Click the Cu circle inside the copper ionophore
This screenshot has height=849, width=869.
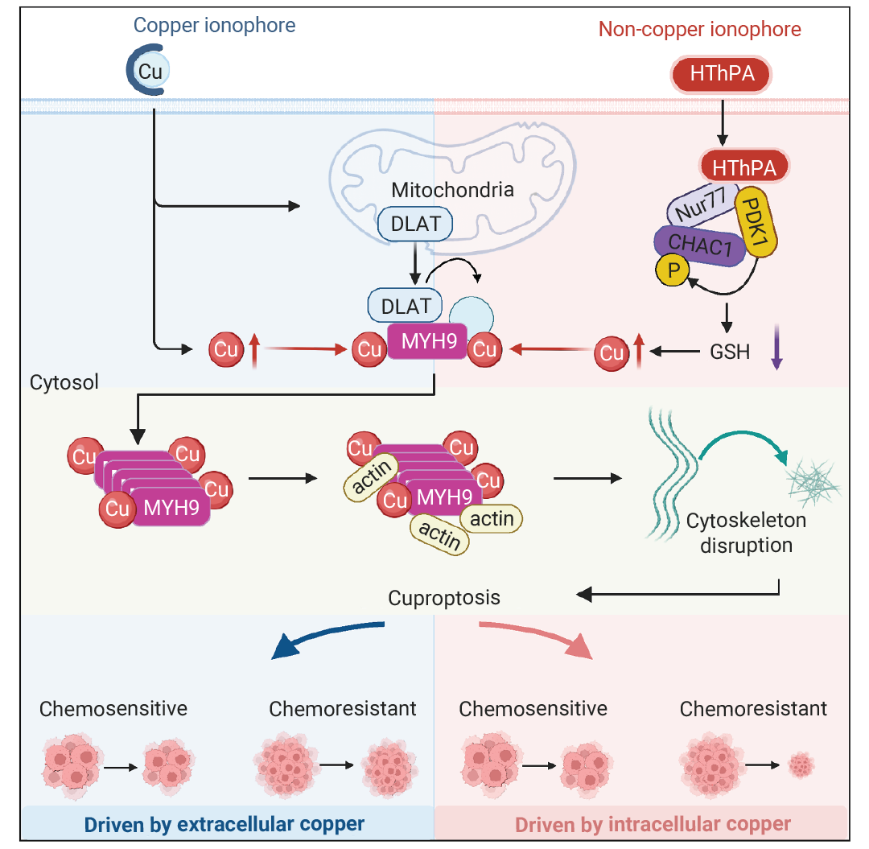point(150,71)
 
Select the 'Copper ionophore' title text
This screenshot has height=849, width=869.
point(215,26)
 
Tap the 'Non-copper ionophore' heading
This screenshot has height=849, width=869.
point(699,29)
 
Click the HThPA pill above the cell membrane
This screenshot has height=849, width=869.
point(721,74)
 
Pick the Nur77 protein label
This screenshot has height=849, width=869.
point(702,204)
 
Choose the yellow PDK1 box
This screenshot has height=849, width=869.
point(756,221)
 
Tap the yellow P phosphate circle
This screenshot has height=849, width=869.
point(673,270)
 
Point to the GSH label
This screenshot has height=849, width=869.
point(730,352)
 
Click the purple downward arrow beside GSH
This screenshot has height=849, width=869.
point(776,347)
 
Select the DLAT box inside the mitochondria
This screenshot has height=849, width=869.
point(415,224)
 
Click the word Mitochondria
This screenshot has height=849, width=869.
point(452,190)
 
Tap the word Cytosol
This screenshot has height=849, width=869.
point(64,382)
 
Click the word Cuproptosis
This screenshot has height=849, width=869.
point(444,598)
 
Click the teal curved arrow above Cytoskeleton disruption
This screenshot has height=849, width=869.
point(744,435)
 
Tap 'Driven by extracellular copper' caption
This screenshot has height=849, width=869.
point(224,825)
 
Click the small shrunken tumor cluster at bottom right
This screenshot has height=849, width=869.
point(801,765)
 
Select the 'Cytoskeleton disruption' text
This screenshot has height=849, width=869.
point(746,533)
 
